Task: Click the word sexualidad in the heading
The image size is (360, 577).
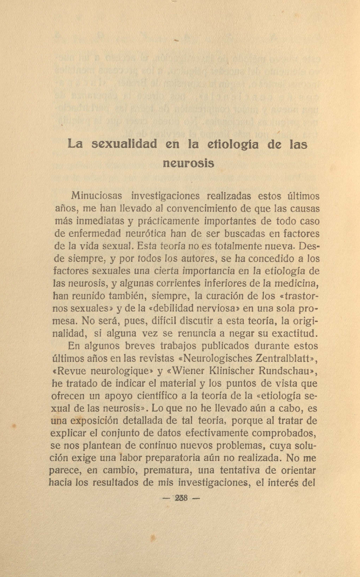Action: (x=124, y=144)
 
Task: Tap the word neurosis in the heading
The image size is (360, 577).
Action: (x=188, y=163)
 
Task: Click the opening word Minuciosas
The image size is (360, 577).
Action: (x=96, y=195)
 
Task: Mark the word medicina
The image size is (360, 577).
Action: (x=294, y=284)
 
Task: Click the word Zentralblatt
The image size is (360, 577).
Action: (x=284, y=358)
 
